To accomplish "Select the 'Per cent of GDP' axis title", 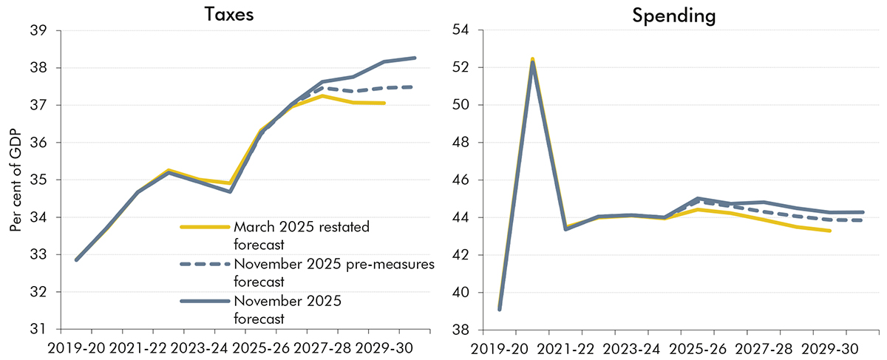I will pos(16,180).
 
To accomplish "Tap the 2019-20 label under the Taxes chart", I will pos(76,347).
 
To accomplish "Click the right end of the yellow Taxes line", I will pos(385,103).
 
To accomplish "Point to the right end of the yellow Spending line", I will pos(810,231).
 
